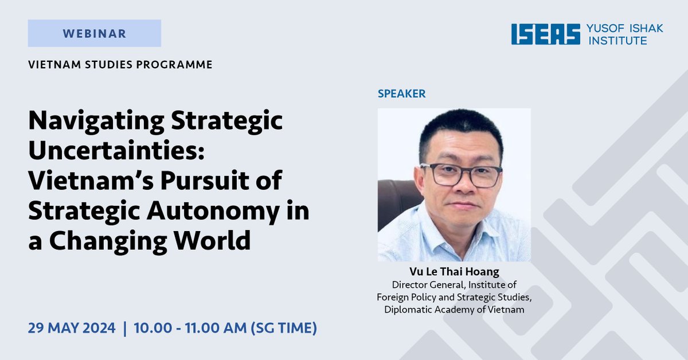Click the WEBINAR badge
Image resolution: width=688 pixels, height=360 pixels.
coord(94,33)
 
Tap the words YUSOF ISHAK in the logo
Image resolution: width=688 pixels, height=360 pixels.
coord(625,28)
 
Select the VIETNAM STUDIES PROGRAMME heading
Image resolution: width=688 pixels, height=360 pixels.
coord(120,64)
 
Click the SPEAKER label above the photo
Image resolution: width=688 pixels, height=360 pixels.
coord(401,93)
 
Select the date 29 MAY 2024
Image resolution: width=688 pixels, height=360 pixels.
coord(71,329)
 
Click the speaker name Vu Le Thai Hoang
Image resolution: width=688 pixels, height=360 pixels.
coord(454,272)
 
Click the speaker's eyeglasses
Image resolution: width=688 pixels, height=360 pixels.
coord(461,174)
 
